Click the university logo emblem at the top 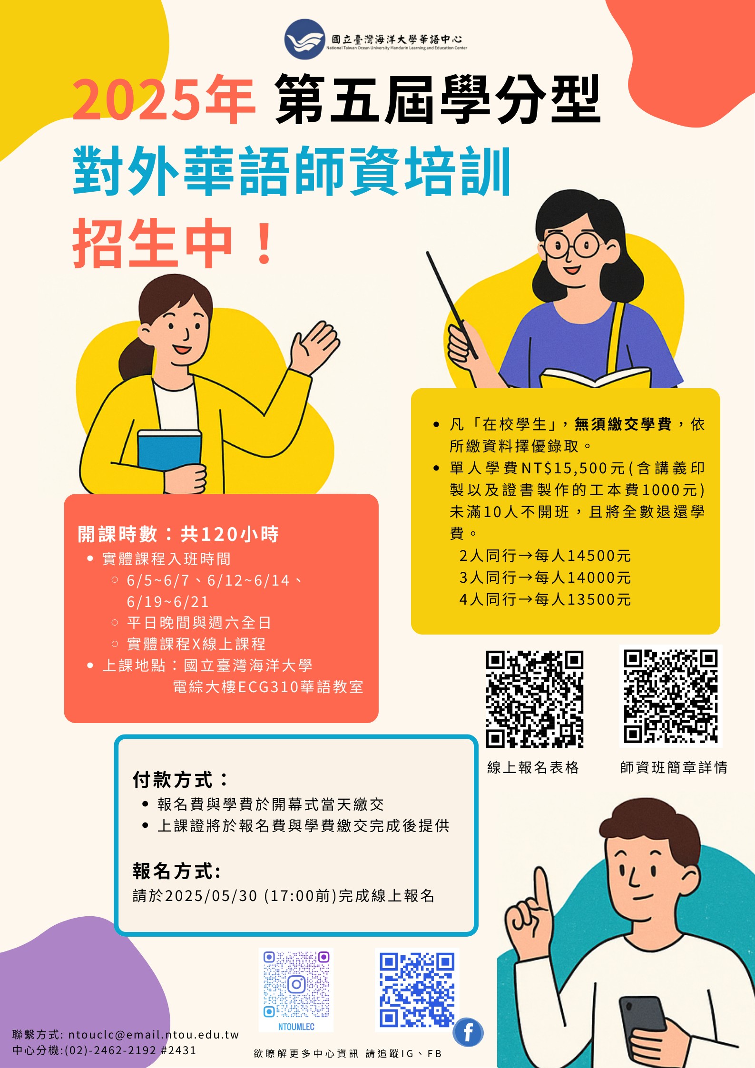304,39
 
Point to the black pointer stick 452,305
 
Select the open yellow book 595,378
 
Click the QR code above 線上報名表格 535,699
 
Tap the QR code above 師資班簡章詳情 671,696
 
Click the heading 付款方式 180,779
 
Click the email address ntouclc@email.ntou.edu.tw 153,1034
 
